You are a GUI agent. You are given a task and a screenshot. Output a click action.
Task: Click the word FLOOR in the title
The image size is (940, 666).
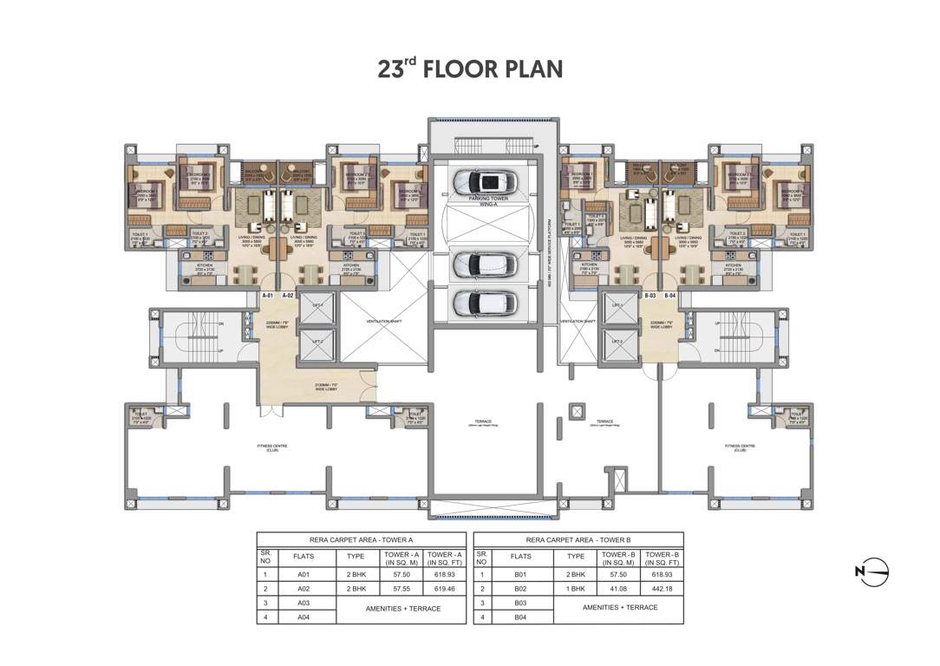[x=466, y=69]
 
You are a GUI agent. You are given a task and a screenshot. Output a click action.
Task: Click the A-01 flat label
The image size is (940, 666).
[x=268, y=296]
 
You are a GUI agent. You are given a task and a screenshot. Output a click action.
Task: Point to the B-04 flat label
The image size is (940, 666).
[x=670, y=296]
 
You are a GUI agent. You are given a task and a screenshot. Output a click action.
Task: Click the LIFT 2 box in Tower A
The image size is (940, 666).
[x=318, y=342]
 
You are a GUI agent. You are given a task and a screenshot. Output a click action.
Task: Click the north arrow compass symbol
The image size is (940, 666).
[x=872, y=571]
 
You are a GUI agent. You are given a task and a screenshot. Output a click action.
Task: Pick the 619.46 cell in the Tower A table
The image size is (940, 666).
[x=443, y=587]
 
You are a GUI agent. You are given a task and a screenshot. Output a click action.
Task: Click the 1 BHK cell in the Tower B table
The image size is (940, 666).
[x=576, y=587]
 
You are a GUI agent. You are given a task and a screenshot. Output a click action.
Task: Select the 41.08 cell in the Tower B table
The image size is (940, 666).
[x=620, y=587]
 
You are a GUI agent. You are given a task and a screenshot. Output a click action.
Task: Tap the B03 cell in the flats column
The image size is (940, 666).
[x=520, y=602]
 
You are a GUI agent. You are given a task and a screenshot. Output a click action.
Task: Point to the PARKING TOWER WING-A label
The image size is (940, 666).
[x=486, y=199]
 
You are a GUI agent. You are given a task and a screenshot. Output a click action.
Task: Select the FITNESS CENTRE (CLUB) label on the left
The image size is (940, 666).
[x=271, y=448]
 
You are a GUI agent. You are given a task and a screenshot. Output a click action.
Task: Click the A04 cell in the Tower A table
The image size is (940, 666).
[x=304, y=617]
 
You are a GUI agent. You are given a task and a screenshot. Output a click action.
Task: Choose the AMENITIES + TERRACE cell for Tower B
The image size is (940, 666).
[x=620, y=608]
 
